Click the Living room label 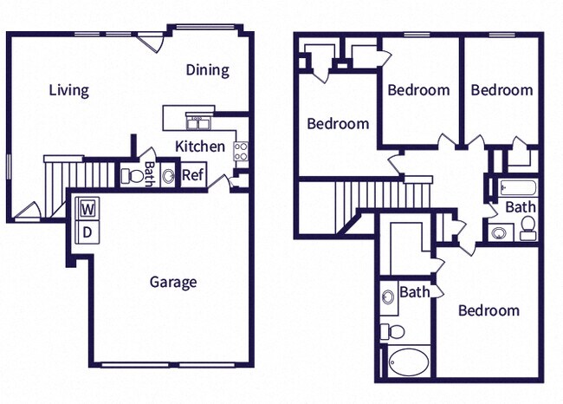point(68,90)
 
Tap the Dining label point(208,70)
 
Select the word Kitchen point(200,147)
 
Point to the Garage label point(173,282)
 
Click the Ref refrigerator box point(192,173)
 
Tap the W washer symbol point(87,209)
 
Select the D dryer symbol point(87,231)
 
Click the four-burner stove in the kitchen point(241,151)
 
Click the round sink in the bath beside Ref point(167,176)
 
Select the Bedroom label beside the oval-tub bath point(489,310)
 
